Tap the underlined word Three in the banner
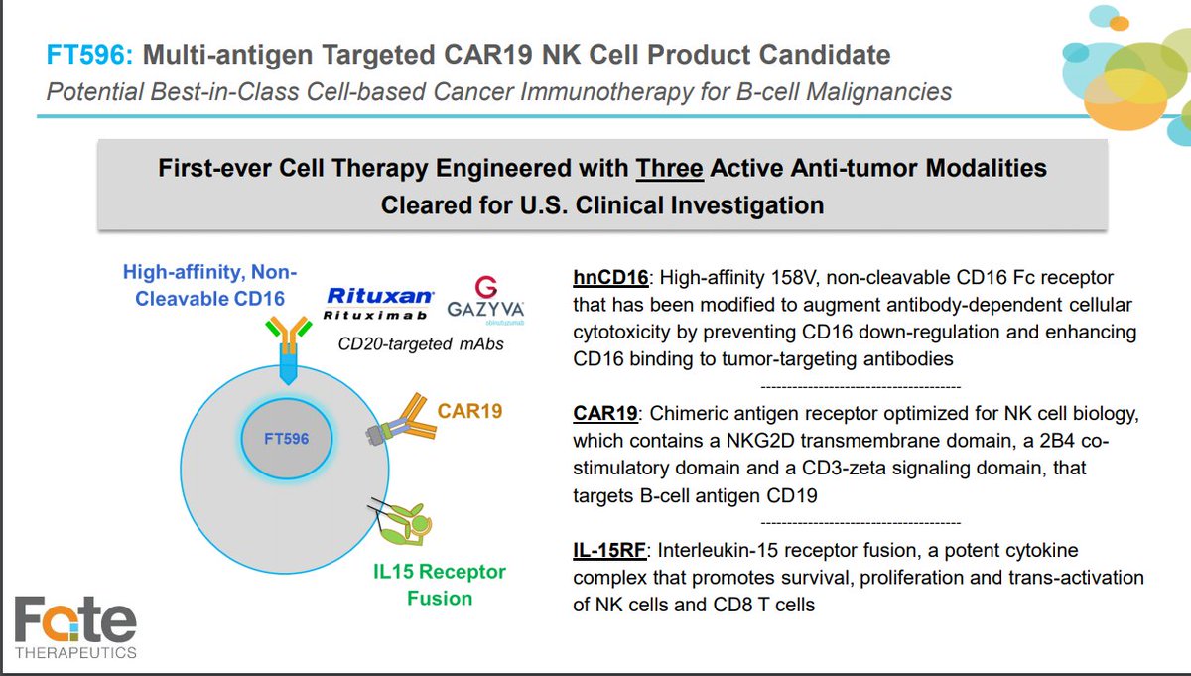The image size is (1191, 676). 671,168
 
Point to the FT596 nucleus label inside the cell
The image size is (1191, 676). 286,439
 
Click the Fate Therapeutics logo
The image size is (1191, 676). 75,627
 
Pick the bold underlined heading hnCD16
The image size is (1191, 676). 610,278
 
